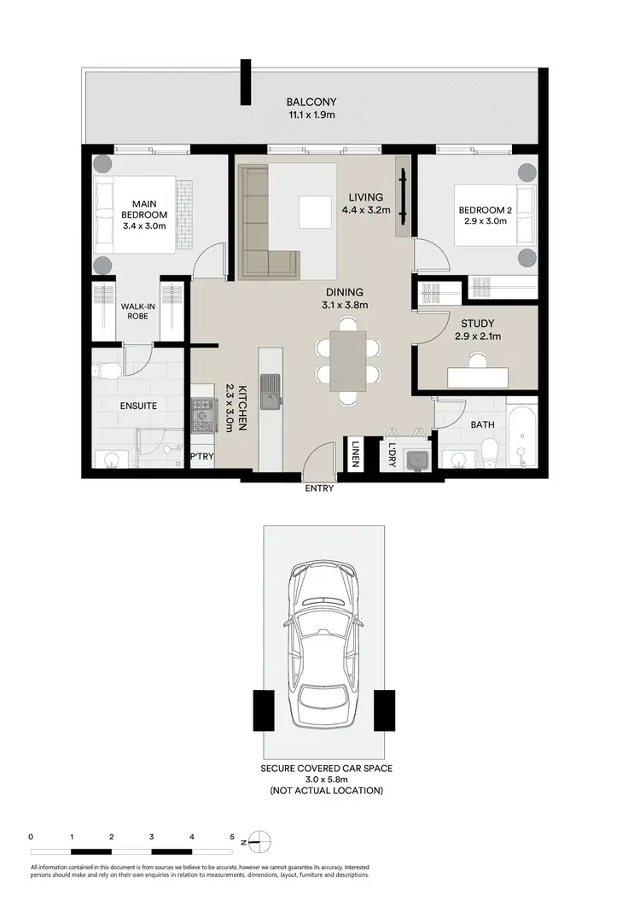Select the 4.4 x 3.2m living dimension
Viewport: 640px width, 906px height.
[366, 210]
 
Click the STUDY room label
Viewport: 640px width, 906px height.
[476, 324]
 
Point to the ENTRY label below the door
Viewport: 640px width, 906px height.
[319, 489]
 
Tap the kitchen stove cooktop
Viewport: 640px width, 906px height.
[202, 416]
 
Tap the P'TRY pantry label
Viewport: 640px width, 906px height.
[201, 457]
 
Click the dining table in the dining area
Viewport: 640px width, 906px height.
[347, 360]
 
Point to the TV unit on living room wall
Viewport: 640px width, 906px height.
[402, 200]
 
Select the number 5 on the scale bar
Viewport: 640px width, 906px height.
[232, 837]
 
